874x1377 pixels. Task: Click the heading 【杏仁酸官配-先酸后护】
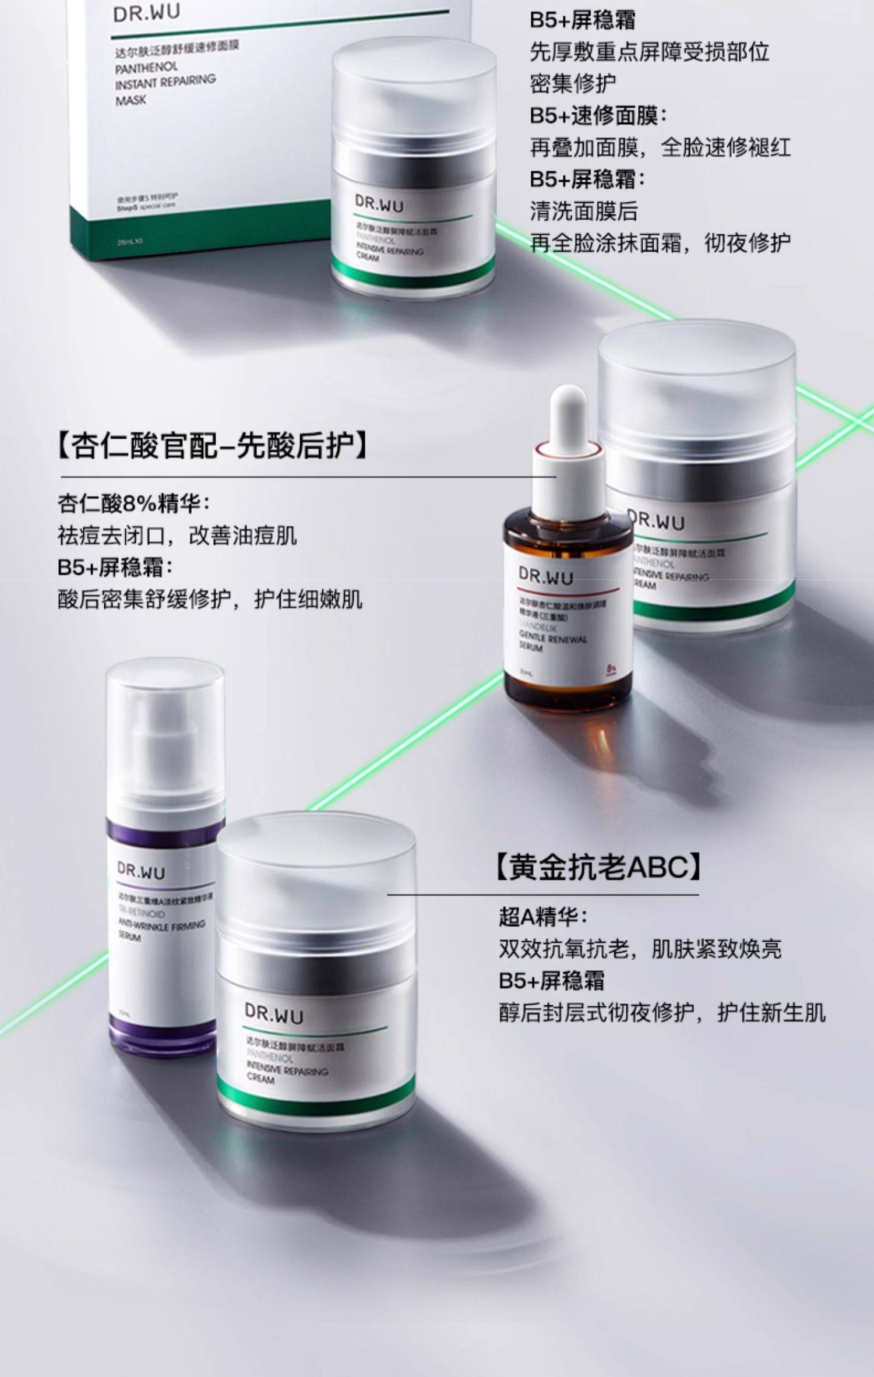(213, 446)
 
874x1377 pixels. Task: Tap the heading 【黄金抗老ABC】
(598, 867)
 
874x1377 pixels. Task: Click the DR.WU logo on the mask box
(147, 13)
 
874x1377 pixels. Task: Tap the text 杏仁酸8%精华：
(133, 503)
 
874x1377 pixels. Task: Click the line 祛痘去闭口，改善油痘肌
(177, 535)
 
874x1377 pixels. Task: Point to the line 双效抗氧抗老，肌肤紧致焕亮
(640, 949)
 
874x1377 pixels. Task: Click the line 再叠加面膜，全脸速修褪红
(660, 147)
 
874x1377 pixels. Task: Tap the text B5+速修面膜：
(598, 115)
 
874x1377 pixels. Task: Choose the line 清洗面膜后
(584, 210)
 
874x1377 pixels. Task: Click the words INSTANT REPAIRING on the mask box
(165, 82)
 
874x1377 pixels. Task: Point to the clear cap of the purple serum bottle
(165, 728)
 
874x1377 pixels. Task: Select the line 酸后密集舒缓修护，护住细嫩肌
(210, 599)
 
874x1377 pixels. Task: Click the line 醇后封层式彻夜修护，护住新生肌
(662, 1013)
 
